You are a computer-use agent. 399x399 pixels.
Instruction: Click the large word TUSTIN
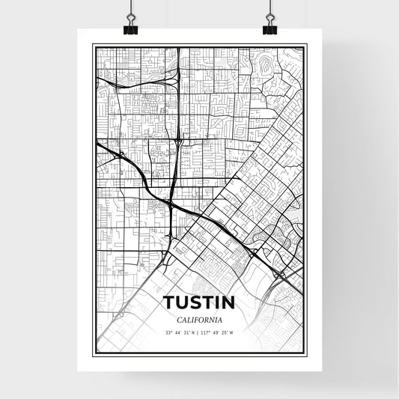(x=198, y=302)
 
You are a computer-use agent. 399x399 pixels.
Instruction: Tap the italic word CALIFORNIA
(x=198, y=319)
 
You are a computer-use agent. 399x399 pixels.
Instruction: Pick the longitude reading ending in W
(x=218, y=332)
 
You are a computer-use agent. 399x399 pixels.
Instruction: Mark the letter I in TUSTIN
(x=217, y=302)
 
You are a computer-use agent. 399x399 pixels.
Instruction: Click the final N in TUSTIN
(x=228, y=302)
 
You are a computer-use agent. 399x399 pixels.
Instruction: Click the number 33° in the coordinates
(x=168, y=332)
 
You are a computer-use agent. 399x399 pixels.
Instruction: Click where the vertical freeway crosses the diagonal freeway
(x=172, y=202)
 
